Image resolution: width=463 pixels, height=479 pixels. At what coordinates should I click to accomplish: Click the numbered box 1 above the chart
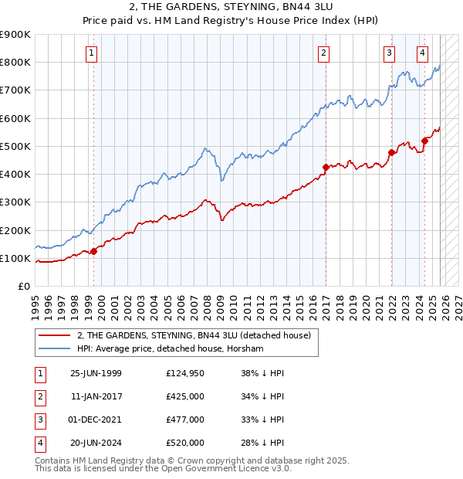[x=92, y=53]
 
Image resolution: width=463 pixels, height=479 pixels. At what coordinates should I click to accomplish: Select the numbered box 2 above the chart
[x=323, y=53]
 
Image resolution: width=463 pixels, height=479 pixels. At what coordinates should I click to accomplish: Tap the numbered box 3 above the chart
[x=390, y=53]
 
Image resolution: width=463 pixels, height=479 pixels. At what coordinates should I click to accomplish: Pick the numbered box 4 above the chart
[x=423, y=53]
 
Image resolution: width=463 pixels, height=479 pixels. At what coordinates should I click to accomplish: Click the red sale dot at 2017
[x=326, y=167]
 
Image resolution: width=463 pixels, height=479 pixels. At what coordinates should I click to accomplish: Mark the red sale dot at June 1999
[x=94, y=251]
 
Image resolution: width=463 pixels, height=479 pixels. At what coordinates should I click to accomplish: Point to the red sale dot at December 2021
[x=391, y=152]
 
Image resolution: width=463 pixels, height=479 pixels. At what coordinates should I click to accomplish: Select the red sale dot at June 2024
[x=425, y=141]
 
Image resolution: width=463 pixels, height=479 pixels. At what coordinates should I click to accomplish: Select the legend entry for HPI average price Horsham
[x=170, y=348]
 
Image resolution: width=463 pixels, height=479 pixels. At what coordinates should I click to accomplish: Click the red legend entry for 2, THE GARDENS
[x=193, y=335]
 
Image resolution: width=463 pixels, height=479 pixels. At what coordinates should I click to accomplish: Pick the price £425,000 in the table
[x=184, y=396]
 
